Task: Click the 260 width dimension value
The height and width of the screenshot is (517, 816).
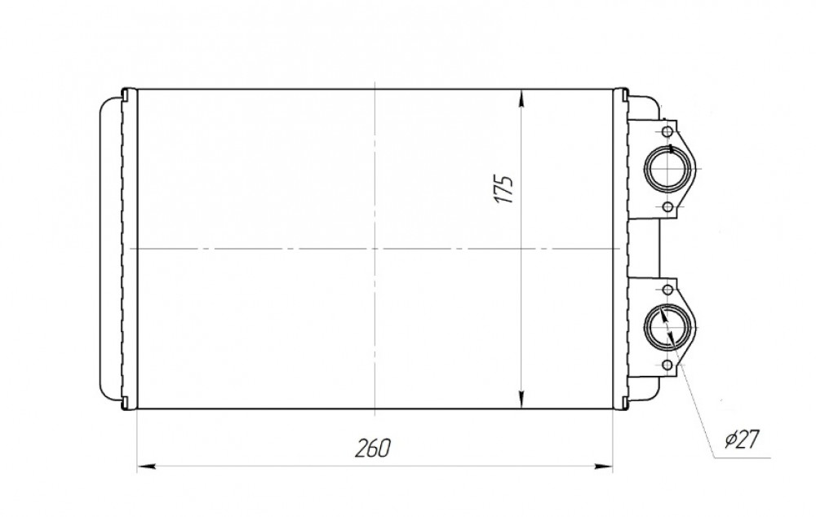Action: (x=372, y=449)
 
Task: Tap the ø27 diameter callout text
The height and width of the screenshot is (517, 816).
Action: (x=743, y=440)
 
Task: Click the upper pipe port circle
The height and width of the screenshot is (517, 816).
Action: (x=669, y=169)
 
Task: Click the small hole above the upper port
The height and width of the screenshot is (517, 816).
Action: (x=667, y=130)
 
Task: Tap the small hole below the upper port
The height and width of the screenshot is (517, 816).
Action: (x=667, y=208)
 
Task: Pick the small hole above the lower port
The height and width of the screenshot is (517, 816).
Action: (x=667, y=289)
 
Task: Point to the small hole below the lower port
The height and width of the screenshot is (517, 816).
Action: (x=667, y=365)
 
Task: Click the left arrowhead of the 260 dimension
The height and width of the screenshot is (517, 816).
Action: (x=146, y=466)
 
